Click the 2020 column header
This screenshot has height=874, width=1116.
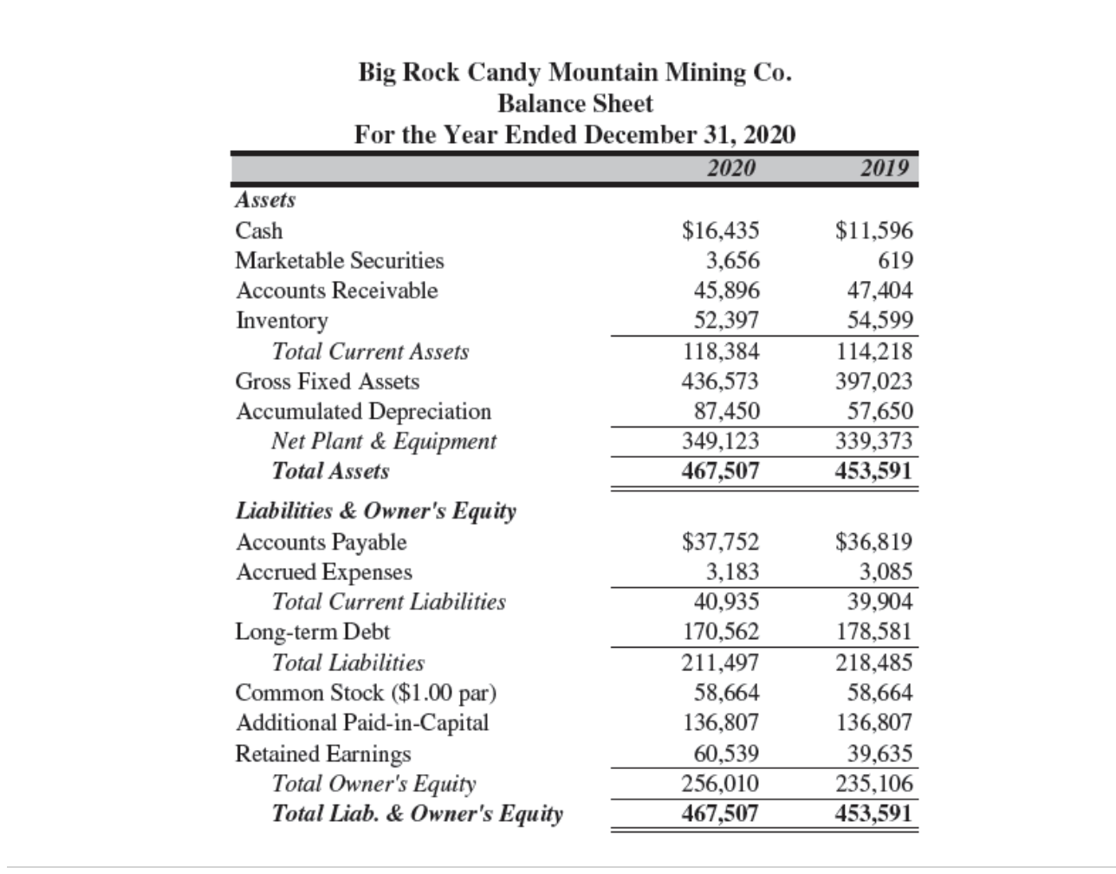click(730, 168)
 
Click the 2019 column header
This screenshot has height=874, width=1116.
click(884, 168)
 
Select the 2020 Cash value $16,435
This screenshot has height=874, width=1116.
click(721, 231)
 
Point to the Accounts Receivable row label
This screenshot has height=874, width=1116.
click(337, 290)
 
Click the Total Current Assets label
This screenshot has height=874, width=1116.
click(370, 352)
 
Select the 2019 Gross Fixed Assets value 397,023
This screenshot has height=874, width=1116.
click(873, 382)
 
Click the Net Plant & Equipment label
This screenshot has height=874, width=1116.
click(384, 441)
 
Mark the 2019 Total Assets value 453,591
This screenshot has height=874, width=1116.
click(873, 472)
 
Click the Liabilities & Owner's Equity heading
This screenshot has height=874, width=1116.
click(376, 511)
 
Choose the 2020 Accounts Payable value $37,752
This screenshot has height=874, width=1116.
click(721, 543)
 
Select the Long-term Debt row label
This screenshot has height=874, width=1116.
click(313, 632)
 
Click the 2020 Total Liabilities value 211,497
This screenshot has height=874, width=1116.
click(721, 663)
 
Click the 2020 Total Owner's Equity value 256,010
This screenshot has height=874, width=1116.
click(721, 784)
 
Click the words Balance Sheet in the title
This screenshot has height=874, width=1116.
click(575, 104)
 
